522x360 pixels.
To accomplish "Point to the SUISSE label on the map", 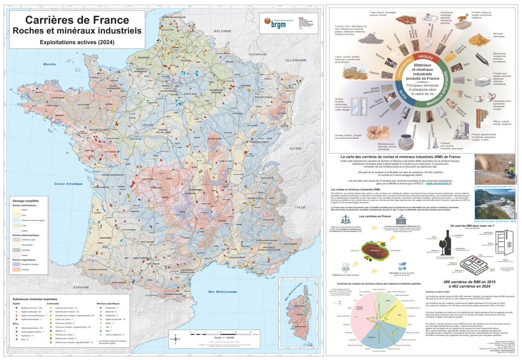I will pyautogui.click(x=295, y=148).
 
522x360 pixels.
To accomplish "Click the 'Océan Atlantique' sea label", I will pyautogui.click(x=69, y=184).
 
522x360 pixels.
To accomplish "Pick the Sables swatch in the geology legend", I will pyautogui.click(x=16, y=209).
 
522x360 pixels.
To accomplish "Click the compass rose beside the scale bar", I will pyautogui.click(x=175, y=339).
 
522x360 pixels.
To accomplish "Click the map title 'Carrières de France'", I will pyautogui.click(x=77, y=20).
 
